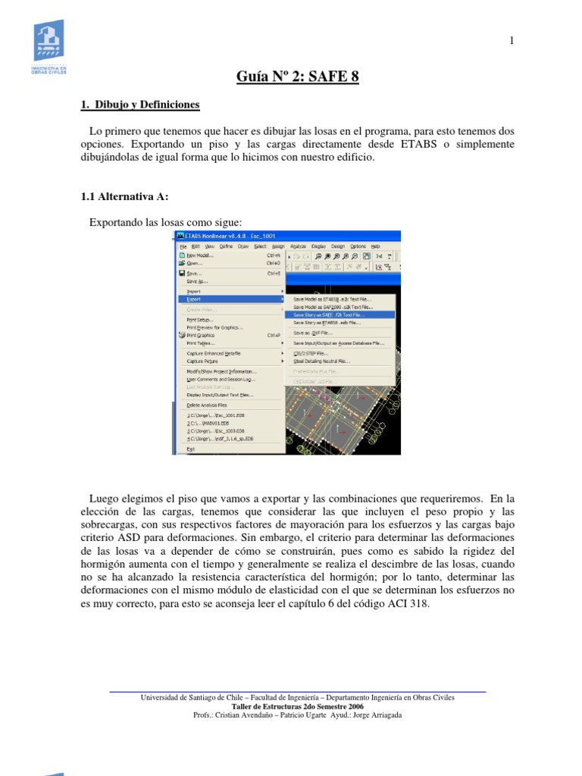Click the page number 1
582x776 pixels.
coord(512,41)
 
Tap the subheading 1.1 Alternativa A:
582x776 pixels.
coord(124,196)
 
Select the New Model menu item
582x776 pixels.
coord(200,255)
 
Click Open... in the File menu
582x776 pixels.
coord(195,264)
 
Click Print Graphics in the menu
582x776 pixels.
coord(200,335)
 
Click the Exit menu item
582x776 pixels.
coord(190,449)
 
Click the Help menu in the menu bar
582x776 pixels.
coord(375,246)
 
